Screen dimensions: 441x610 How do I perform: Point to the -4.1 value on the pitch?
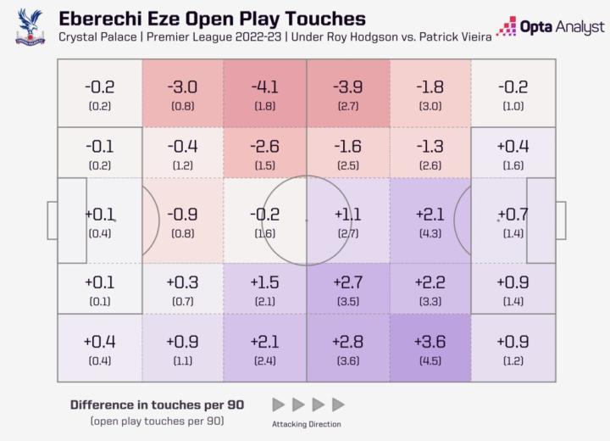click(265, 87)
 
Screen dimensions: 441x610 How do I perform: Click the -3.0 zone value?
click(182, 87)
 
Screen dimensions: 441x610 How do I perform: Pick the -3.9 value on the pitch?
click(347, 87)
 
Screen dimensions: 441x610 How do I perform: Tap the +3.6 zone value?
click(430, 341)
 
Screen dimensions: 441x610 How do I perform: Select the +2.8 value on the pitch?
click(347, 341)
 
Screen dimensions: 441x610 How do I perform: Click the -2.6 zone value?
click(265, 146)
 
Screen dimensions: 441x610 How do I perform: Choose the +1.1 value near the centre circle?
click(347, 214)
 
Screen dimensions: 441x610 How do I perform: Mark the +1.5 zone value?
click(265, 282)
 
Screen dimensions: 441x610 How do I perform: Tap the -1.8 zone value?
click(430, 87)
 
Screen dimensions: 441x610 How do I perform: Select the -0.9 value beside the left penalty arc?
click(182, 214)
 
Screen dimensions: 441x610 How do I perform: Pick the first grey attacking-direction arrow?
click(279, 405)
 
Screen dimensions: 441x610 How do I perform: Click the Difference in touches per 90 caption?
click(157, 405)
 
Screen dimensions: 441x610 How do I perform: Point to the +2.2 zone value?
click(430, 282)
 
